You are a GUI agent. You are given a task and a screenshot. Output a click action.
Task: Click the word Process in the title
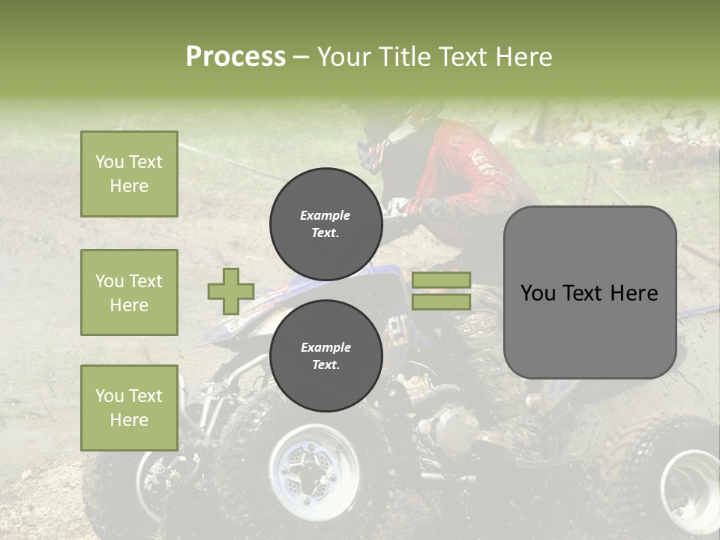pyautogui.click(x=235, y=57)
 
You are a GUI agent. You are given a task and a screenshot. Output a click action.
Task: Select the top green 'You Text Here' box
pyautogui.click(x=129, y=174)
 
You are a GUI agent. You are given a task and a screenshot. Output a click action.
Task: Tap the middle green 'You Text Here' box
pyautogui.click(x=129, y=292)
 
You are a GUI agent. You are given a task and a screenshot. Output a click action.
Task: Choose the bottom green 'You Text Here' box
pyautogui.click(x=129, y=408)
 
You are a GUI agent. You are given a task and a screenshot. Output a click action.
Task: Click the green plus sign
pyautogui.click(x=230, y=292)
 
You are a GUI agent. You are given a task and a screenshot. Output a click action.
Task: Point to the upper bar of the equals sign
pyautogui.click(x=441, y=280)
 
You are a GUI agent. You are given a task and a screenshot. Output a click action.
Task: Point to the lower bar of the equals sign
pyautogui.click(x=441, y=302)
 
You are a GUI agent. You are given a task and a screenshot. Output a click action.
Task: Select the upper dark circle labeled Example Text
pyautogui.click(x=325, y=224)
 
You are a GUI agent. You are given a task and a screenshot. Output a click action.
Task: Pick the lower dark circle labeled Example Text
pyautogui.click(x=325, y=356)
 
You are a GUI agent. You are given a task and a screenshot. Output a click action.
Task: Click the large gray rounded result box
pyautogui.click(x=589, y=292)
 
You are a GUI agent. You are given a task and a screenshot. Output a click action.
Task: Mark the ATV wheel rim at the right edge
pyautogui.click(x=694, y=480)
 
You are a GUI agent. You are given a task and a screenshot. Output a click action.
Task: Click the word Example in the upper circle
pyautogui.click(x=325, y=215)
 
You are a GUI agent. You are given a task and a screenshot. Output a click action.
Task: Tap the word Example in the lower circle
pyautogui.click(x=325, y=347)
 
